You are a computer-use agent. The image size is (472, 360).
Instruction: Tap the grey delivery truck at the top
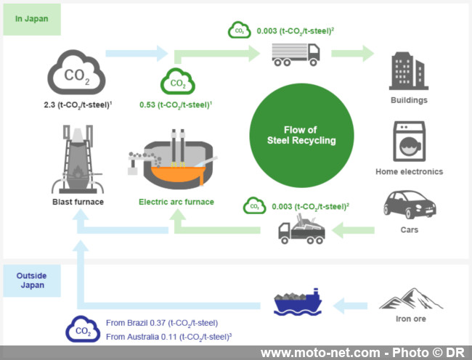pyautogui.click(x=296, y=53)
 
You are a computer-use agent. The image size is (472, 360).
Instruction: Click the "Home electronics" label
pyautogui.click(x=409, y=172)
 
